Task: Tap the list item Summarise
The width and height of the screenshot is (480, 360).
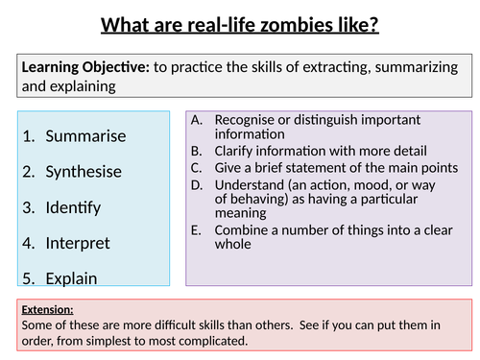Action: pyautogui.click(x=85, y=135)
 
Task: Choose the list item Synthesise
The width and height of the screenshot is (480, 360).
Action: pyautogui.click(x=84, y=171)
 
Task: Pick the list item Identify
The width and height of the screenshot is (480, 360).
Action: pyautogui.click(x=73, y=207)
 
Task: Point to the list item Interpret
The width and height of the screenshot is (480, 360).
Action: pyautogui.click(x=78, y=243)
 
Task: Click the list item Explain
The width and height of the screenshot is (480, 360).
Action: pyautogui.click(x=72, y=278)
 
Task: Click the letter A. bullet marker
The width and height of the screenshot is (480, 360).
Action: pyautogui.click(x=198, y=120)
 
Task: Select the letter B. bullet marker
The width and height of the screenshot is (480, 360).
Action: pyautogui.click(x=198, y=150)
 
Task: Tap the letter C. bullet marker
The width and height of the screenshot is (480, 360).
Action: pyautogui.click(x=198, y=166)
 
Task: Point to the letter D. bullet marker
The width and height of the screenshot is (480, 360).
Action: pyautogui.click(x=198, y=182)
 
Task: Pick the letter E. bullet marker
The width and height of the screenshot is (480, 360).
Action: pyautogui.click(x=198, y=229)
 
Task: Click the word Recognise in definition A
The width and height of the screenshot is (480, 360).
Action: pyautogui.click(x=244, y=120)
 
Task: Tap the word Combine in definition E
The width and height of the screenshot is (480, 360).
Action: pyautogui.click(x=240, y=229)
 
